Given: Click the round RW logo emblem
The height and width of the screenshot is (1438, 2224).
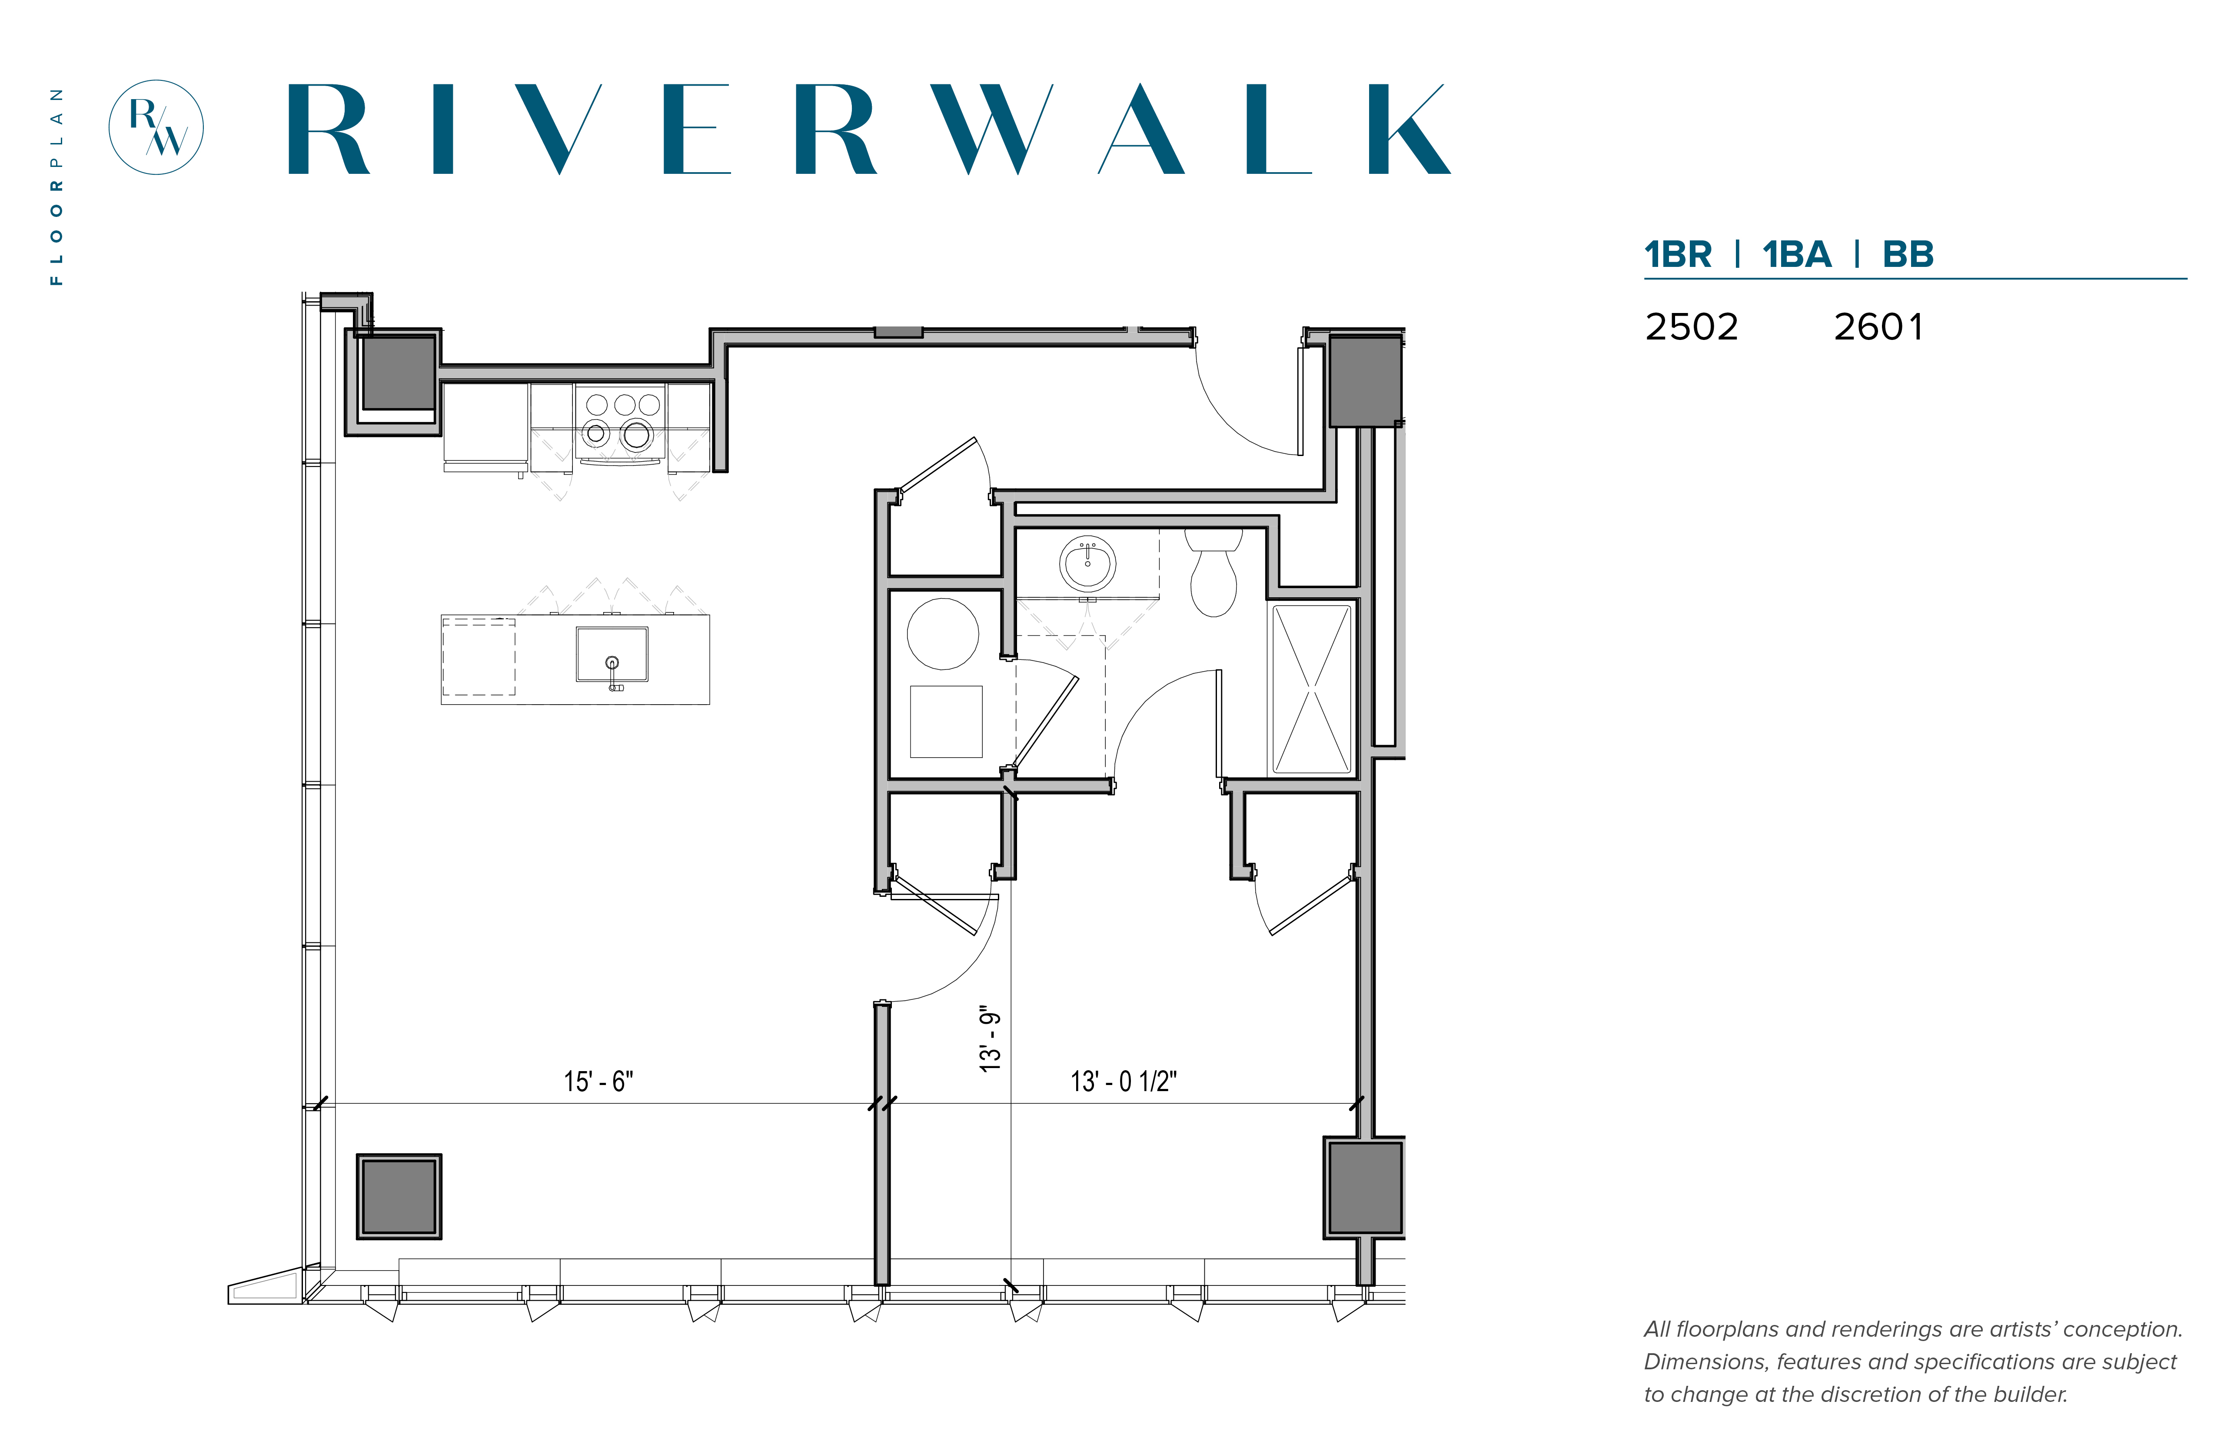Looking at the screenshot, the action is (x=156, y=127).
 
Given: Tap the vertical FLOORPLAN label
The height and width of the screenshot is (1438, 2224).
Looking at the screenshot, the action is (x=57, y=187).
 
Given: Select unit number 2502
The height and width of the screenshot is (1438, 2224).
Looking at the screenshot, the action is (x=1691, y=327).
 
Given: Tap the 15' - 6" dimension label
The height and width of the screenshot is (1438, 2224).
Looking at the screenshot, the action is (x=598, y=1081).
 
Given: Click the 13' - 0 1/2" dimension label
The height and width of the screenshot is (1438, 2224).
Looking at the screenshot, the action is (x=1123, y=1081).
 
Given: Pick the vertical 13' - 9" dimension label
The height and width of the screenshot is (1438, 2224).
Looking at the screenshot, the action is (x=990, y=1039).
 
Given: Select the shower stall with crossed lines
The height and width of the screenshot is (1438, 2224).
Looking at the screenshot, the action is (x=1312, y=689).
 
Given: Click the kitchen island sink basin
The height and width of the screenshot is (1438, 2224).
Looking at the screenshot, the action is (x=612, y=654).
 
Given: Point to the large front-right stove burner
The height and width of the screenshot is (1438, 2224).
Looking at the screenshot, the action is (x=637, y=434).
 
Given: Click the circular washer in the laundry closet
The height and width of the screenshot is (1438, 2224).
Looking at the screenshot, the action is (x=943, y=634).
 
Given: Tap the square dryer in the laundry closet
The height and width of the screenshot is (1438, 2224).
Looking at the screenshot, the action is (x=946, y=721).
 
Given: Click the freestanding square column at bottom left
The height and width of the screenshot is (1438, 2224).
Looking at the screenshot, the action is (x=399, y=1196).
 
